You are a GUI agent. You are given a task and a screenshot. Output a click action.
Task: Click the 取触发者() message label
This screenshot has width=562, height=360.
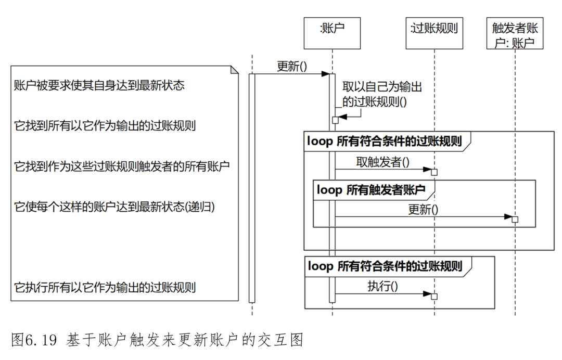[382, 161]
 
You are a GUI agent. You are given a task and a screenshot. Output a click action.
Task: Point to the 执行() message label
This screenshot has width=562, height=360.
[382, 286]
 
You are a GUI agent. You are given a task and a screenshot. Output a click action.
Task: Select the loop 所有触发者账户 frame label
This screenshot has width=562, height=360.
[371, 190]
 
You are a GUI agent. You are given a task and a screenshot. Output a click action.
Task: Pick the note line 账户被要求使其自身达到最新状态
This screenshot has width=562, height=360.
[99, 85]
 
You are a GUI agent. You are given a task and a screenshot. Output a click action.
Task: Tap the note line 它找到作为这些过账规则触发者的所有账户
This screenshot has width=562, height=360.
[122, 166]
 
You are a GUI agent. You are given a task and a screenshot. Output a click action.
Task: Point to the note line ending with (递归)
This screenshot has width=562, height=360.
[114, 207]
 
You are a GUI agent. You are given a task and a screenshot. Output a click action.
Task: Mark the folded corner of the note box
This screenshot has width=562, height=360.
[234, 70]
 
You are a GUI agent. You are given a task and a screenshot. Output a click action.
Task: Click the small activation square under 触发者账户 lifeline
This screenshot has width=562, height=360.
[515, 219]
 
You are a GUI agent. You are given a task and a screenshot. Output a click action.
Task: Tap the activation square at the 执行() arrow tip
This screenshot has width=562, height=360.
[435, 297]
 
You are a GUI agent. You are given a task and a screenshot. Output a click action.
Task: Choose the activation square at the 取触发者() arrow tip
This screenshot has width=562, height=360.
[435, 172]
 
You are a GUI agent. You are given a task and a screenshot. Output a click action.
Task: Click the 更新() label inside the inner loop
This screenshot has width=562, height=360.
[423, 210]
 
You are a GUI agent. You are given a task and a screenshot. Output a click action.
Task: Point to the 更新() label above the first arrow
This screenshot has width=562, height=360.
[291, 67]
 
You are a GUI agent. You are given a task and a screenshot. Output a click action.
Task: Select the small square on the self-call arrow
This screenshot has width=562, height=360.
[335, 121]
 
